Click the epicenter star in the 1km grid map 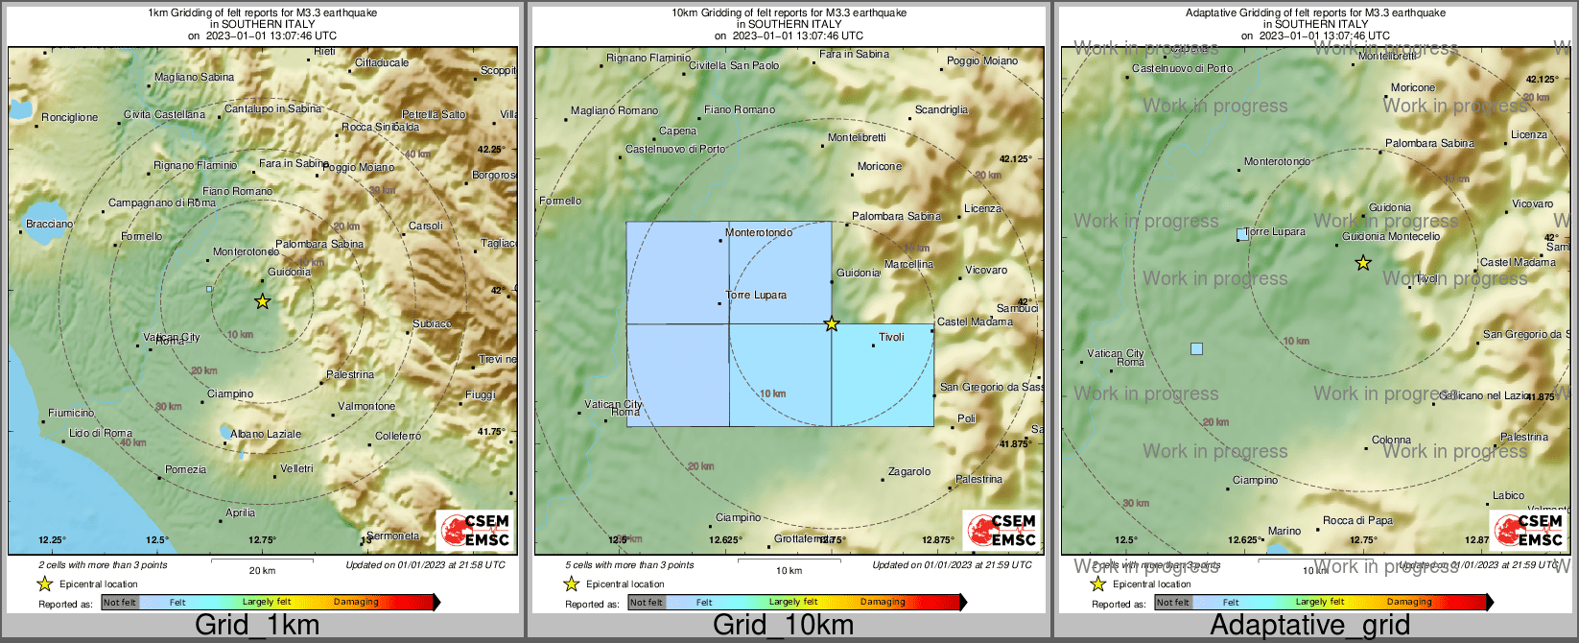pyautogui.click(x=262, y=301)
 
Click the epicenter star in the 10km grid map pyautogui.click(x=832, y=324)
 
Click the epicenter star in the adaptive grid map pyautogui.click(x=1362, y=263)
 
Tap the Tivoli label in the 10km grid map pyautogui.click(x=892, y=337)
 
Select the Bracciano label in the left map pyautogui.click(x=49, y=224)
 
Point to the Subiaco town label pyautogui.click(x=432, y=324)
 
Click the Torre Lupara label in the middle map pyautogui.click(x=756, y=295)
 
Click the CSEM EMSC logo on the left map pyautogui.click(x=475, y=530)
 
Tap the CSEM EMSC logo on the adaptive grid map pyautogui.click(x=1528, y=530)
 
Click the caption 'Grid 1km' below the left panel pyautogui.click(x=257, y=626)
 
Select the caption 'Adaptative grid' pyautogui.click(x=1309, y=626)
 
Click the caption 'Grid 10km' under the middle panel pyautogui.click(x=783, y=626)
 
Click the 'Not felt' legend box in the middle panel pyautogui.click(x=646, y=603)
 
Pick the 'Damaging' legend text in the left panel pyautogui.click(x=356, y=602)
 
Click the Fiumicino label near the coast pyautogui.click(x=71, y=413)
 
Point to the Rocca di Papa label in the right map pyautogui.click(x=1357, y=520)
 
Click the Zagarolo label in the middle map pyautogui.click(x=909, y=471)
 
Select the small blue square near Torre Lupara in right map pyautogui.click(x=1242, y=234)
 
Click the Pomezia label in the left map pyautogui.click(x=185, y=469)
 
